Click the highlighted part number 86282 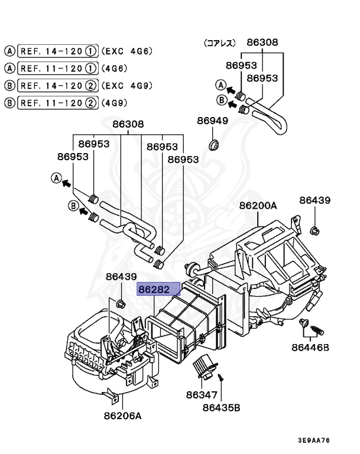154,290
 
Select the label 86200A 258,206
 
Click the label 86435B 221,407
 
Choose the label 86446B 309,347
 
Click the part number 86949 212,121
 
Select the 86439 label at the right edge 314,201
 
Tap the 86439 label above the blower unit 121,276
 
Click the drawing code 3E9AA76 313,440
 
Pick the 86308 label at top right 262,43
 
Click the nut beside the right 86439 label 314,229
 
